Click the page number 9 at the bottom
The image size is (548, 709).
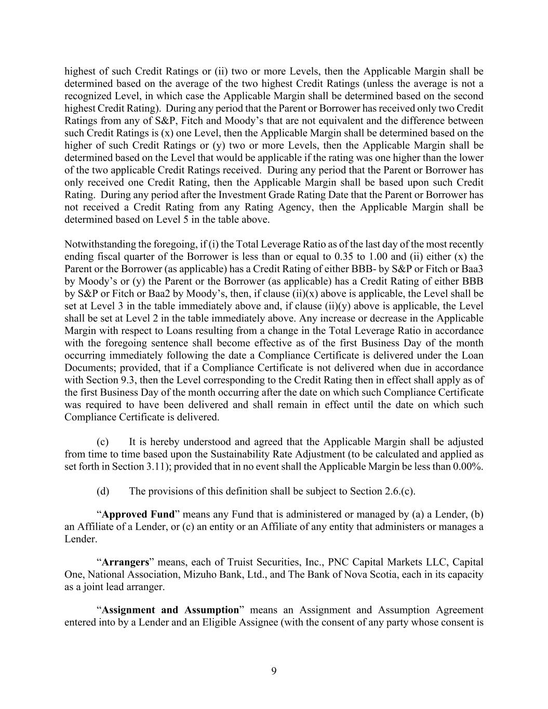(x=274, y=671)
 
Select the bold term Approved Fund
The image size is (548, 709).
(x=138, y=514)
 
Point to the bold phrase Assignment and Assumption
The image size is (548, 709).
(x=170, y=610)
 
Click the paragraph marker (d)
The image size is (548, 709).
(x=102, y=491)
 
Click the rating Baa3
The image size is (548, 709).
(x=472, y=269)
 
